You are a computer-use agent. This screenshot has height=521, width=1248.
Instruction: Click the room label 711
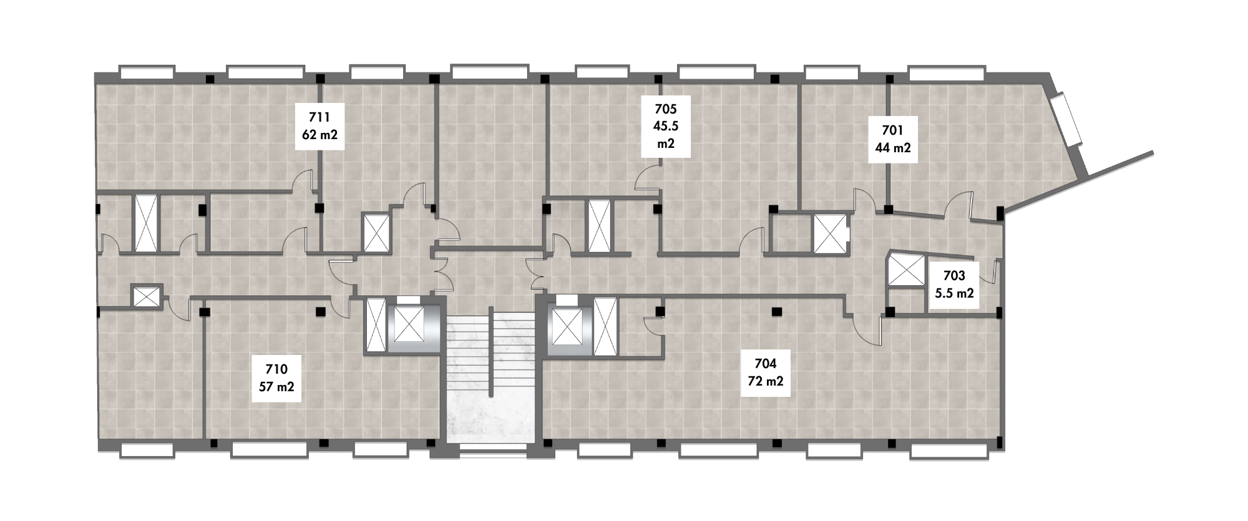(319, 117)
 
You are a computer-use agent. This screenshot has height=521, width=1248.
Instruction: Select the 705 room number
(666, 109)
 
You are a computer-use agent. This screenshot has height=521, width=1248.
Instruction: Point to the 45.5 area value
(666, 125)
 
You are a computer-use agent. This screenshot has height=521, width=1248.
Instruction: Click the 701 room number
(892, 131)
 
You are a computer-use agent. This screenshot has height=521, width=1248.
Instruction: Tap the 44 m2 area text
(892, 148)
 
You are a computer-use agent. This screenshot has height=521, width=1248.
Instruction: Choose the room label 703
(954, 276)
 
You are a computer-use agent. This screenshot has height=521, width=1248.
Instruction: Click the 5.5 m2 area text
(954, 293)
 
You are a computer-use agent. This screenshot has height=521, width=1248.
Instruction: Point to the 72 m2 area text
(766, 381)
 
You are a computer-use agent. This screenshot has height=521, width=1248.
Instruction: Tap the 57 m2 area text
(276, 386)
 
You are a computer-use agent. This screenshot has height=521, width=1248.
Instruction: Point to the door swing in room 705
(648, 178)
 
